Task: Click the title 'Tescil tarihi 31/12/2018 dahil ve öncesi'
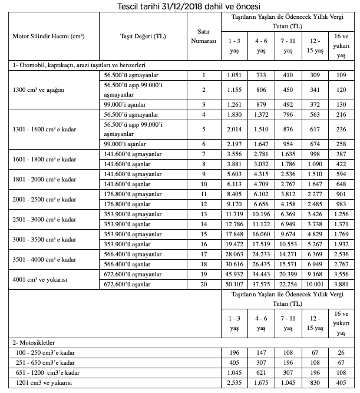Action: [x=180, y=5]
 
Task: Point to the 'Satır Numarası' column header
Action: [x=203, y=37]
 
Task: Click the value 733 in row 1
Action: [x=261, y=75]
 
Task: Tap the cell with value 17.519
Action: [x=261, y=243]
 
